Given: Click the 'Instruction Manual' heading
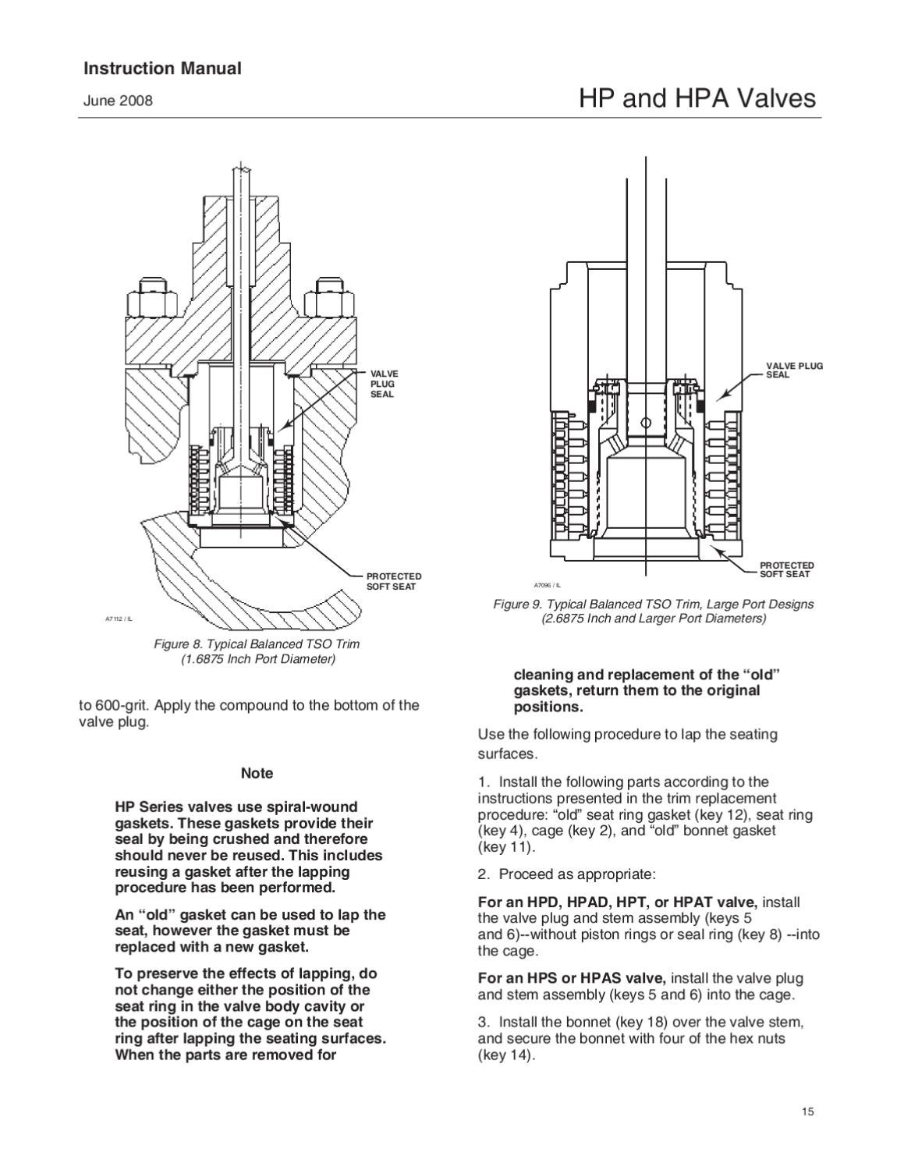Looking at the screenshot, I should click(x=162, y=69).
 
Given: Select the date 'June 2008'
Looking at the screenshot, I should click(x=118, y=101).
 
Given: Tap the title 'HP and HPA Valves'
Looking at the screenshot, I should click(x=697, y=98).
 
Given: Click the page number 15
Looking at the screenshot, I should click(x=807, y=1112).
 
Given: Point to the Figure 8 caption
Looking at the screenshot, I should click(x=257, y=651).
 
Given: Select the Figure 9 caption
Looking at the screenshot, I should click(x=653, y=611).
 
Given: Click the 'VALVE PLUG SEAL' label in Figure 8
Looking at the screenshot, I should click(x=384, y=384).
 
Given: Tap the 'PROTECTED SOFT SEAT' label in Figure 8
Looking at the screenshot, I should click(x=394, y=581).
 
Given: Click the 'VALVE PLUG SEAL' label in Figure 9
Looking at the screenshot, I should click(x=794, y=370).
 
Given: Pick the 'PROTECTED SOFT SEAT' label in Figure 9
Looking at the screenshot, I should click(x=786, y=569).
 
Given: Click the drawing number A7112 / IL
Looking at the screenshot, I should click(x=119, y=619).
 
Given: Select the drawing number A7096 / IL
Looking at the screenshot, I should click(x=547, y=585).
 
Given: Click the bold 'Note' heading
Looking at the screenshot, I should click(x=257, y=773).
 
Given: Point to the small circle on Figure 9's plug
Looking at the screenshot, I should click(x=645, y=423).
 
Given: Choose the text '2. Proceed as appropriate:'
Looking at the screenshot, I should click(x=566, y=874).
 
